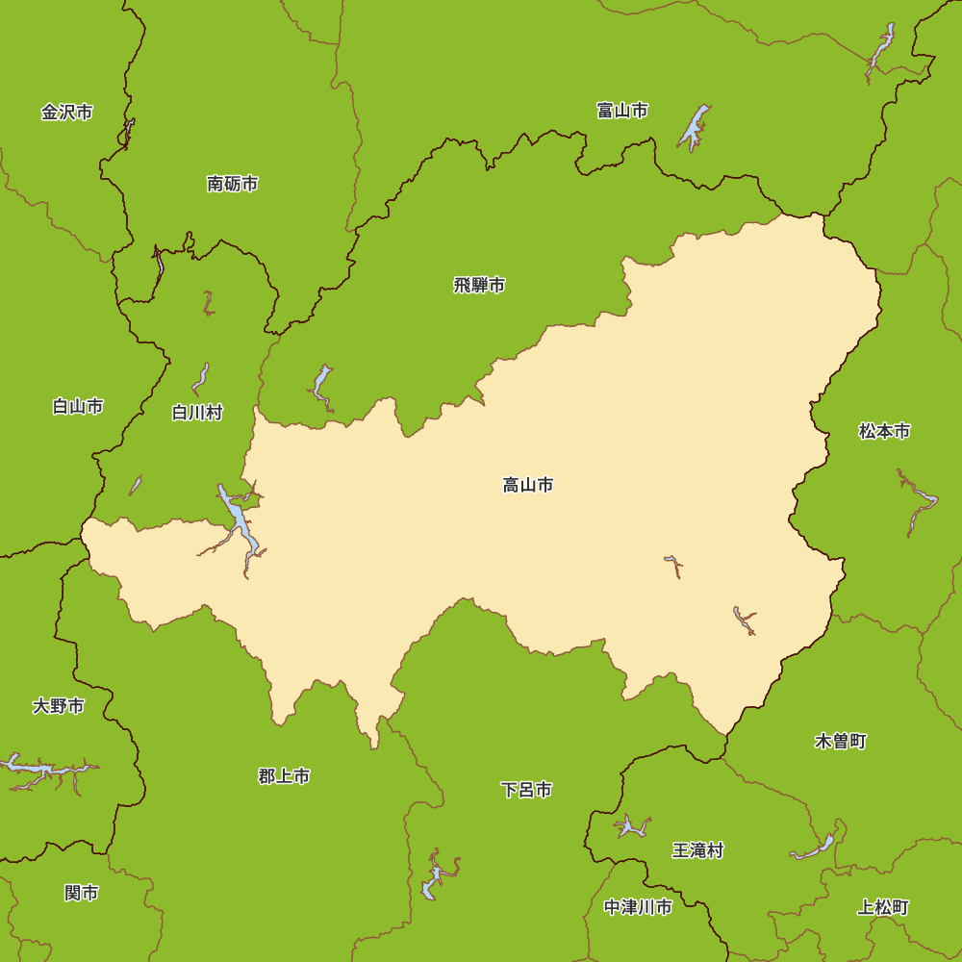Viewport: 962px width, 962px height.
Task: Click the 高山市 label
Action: (x=528, y=485)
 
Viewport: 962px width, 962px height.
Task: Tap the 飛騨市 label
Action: (x=479, y=285)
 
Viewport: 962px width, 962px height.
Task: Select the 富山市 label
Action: (x=622, y=111)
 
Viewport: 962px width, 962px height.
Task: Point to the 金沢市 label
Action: (x=67, y=113)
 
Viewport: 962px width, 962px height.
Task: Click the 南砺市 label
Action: (x=233, y=184)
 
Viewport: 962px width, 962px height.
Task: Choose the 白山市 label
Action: (x=78, y=407)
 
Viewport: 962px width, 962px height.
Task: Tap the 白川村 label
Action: (x=197, y=413)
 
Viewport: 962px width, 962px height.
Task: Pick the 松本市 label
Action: (x=884, y=431)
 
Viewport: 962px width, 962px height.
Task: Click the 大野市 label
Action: (x=59, y=706)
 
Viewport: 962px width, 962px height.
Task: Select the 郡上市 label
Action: (x=284, y=775)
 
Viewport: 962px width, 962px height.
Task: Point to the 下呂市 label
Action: (x=526, y=790)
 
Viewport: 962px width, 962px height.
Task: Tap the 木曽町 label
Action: (x=841, y=741)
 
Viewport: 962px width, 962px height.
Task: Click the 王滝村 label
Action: (x=697, y=850)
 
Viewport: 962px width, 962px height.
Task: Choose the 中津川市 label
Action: (x=638, y=907)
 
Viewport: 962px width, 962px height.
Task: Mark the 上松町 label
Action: (x=883, y=907)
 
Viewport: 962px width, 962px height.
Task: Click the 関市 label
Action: (x=82, y=893)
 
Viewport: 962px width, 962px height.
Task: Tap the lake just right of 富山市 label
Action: (x=695, y=126)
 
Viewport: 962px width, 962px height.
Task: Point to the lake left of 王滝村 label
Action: (x=631, y=826)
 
